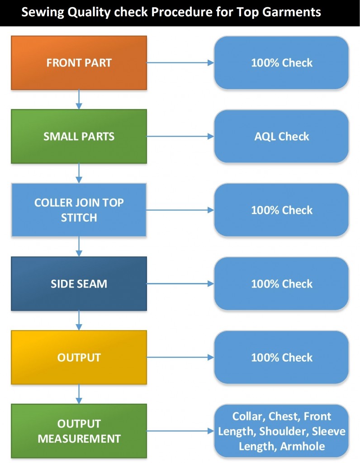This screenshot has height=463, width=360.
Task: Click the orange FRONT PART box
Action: click(x=79, y=63)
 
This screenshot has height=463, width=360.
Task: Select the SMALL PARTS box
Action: click(x=79, y=136)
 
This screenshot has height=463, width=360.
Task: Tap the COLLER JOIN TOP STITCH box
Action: click(x=79, y=210)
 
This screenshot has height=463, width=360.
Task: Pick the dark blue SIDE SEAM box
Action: click(x=79, y=283)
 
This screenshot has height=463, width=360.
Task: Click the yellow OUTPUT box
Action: click(x=79, y=357)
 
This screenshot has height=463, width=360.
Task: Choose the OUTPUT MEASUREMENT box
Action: click(x=79, y=431)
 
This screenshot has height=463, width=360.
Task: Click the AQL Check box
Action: click(x=281, y=136)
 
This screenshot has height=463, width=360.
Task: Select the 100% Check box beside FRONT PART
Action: click(x=281, y=63)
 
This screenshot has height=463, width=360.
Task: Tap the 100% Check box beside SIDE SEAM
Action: click(x=281, y=283)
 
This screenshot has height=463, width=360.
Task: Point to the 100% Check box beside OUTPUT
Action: click(x=281, y=357)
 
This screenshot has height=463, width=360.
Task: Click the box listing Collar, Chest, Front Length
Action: click(x=281, y=431)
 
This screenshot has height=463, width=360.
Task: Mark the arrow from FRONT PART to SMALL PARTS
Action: click(x=79, y=99)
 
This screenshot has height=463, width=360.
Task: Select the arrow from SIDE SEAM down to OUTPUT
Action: click(x=79, y=320)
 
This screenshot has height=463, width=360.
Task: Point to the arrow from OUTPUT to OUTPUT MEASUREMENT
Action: click(x=79, y=394)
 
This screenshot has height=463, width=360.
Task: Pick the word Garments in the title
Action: click(x=292, y=12)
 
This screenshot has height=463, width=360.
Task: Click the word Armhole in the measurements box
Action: click(x=303, y=446)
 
